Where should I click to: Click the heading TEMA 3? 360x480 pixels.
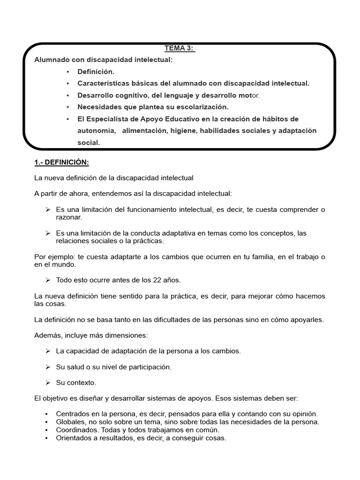pos(180,48)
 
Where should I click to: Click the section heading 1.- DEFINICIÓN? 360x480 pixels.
pos(61,162)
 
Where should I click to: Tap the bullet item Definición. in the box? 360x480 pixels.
pos(96,72)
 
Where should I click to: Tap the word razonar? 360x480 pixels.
pos(69,217)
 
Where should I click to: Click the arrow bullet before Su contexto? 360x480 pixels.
pos(48,382)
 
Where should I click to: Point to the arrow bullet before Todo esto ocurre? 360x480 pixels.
pos(48,280)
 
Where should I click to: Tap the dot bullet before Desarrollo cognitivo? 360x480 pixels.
pos(67,96)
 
